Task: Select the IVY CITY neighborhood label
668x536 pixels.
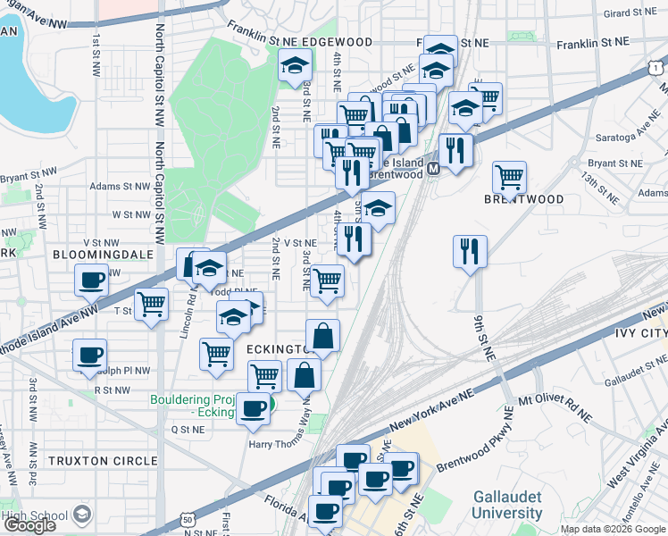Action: (x=636, y=333)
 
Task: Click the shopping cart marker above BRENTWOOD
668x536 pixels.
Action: (x=509, y=177)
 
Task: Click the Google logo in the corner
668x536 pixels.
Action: (x=29, y=526)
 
